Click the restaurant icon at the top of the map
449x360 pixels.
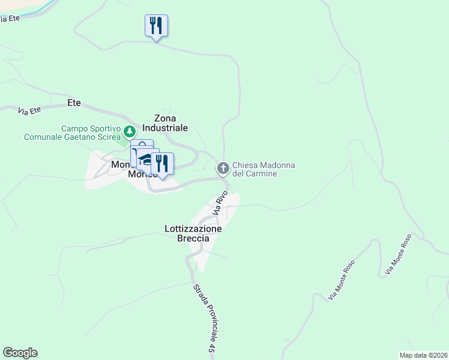pyautogui.click(x=156, y=26)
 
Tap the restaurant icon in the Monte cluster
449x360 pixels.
pyautogui.click(x=162, y=163)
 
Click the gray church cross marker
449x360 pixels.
pyautogui.click(x=223, y=169)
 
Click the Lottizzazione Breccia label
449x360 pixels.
pyautogui.click(x=193, y=233)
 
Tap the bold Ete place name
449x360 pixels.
pyautogui.click(x=74, y=103)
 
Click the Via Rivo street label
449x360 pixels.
pyautogui.click(x=220, y=203)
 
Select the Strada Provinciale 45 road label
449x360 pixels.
pyautogui.click(x=203, y=318)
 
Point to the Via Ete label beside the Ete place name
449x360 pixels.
pyautogui.click(x=29, y=110)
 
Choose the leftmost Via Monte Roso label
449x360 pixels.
pyautogui.click(x=342, y=280)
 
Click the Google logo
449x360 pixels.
pyautogui.click(x=20, y=353)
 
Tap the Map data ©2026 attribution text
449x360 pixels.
pyautogui.click(x=423, y=355)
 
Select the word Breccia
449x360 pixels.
pyautogui.click(x=193, y=238)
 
